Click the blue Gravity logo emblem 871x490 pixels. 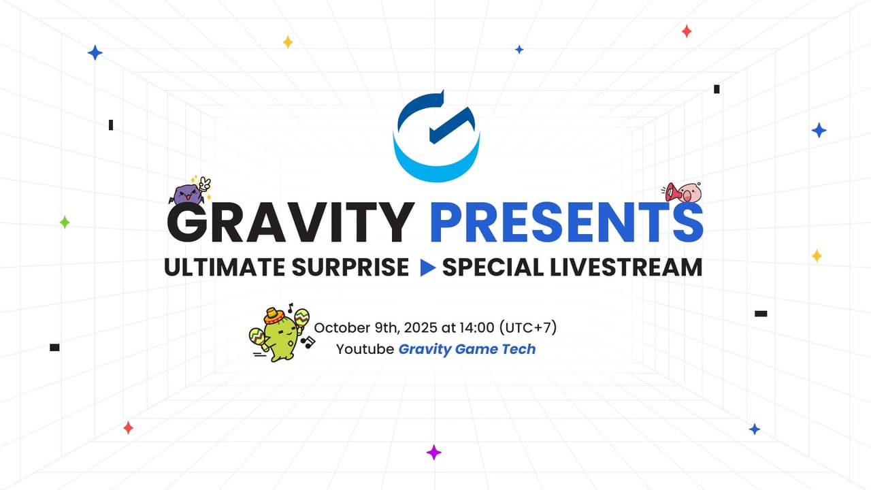(x=436, y=136)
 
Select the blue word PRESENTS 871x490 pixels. (x=566, y=222)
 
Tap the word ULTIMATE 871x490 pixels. (x=225, y=267)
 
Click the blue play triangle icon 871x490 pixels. (x=427, y=267)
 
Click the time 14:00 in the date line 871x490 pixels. (x=475, y=327)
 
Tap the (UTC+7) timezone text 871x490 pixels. (x=528, y=327)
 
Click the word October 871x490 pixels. (x=340, y=327)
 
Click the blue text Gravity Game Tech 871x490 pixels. (x=467, y=349)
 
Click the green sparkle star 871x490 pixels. (x=65, y=222)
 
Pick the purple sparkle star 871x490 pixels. (x=433, y=453)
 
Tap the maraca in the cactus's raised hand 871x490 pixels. (x=302, y=318)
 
